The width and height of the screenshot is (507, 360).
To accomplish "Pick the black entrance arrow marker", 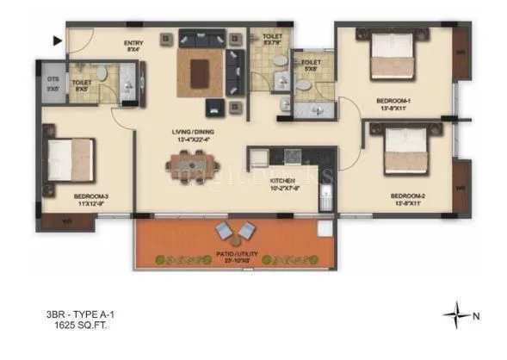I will click(57, 40).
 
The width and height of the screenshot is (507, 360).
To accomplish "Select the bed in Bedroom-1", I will click(393, 62).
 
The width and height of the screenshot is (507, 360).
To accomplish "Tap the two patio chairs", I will click(235, 231).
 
